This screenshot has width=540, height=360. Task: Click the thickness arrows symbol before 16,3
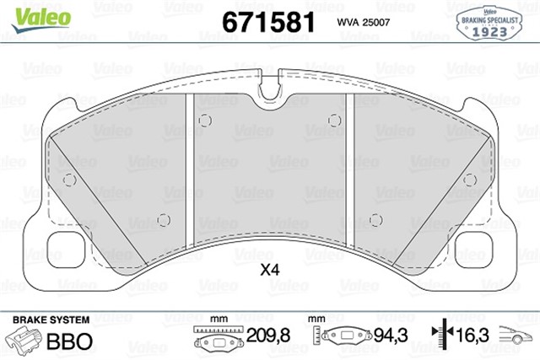(x=440, y=336)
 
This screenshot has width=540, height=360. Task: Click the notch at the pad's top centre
(x=271, y=84)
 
